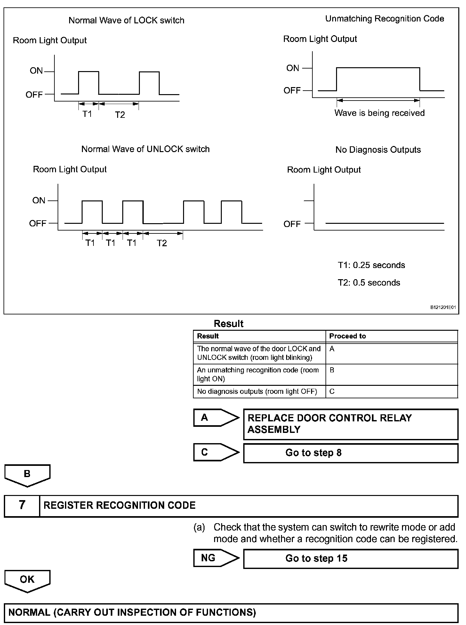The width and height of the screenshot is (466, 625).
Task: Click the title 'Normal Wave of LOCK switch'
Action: (x=126, y=20)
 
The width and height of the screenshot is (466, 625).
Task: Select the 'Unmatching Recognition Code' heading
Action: (x=384, y=19)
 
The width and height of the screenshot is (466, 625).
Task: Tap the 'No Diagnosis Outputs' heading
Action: (x=378, y=150)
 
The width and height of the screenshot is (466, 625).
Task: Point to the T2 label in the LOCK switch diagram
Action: (x=120, y=115)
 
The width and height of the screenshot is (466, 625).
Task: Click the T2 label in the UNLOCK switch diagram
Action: (x=162, y=243)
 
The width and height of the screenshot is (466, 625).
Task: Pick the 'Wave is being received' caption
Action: (x=379, y=113)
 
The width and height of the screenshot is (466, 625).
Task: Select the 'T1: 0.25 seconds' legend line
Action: (x=371, y=265)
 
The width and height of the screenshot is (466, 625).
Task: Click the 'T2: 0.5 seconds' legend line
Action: (x=369, y=283)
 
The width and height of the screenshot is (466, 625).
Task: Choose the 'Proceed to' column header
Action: (x=347, y=336)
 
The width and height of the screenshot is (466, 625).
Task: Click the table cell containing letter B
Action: (x=391, y=374)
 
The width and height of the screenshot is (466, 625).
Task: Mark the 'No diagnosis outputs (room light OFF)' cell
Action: (x=257, y=392)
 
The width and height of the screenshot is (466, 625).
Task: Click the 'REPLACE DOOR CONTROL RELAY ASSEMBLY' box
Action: (x=350, y=424)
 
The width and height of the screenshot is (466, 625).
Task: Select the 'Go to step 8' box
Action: (x=350, y=453)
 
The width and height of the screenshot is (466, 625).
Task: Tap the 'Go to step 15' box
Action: (x=350, y=558)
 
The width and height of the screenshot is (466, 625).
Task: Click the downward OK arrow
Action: (x=27, y=580)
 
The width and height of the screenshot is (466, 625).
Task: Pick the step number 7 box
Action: (x=22, y=505)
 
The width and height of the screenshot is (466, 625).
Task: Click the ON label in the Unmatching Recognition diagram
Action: (x=293, y=68)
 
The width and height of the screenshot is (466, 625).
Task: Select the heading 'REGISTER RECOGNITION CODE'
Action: (x=119, y=505)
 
